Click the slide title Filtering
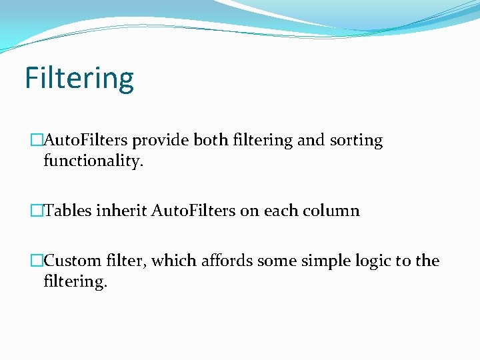click(79, 78)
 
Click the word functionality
click(93, 161)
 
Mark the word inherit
click(122, 211)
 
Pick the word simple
click(317, 261)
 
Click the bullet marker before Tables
click(37, 211)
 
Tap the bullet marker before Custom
click(37, 261)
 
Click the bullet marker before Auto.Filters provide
click(37, 141)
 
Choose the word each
click(281, 211)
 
